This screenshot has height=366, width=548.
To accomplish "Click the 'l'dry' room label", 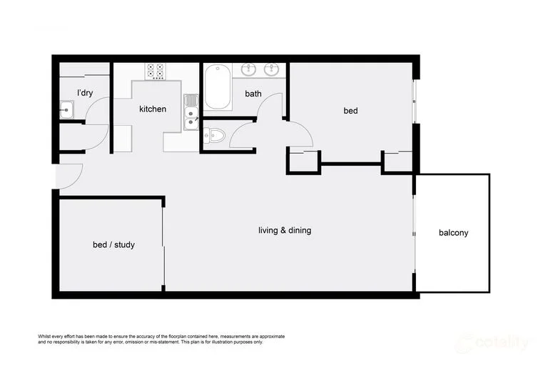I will [85, 93].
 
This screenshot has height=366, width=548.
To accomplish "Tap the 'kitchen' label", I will [153, 109].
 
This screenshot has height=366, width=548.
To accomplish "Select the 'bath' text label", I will [253, 94].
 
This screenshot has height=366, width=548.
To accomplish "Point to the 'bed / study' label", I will [113, 244].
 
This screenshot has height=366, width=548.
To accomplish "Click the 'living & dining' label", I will [285, 230].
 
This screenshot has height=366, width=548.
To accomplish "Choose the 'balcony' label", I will [453, 232].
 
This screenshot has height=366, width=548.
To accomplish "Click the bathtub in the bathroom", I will [217, 87].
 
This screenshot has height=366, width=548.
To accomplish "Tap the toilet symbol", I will [214, 134].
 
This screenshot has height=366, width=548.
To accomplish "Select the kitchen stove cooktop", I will [156, 71].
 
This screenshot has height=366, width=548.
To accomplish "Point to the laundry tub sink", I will [67, 110].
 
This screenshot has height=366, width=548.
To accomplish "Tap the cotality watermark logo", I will [492, 343].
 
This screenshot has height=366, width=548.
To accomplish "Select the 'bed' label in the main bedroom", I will [350, 111].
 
